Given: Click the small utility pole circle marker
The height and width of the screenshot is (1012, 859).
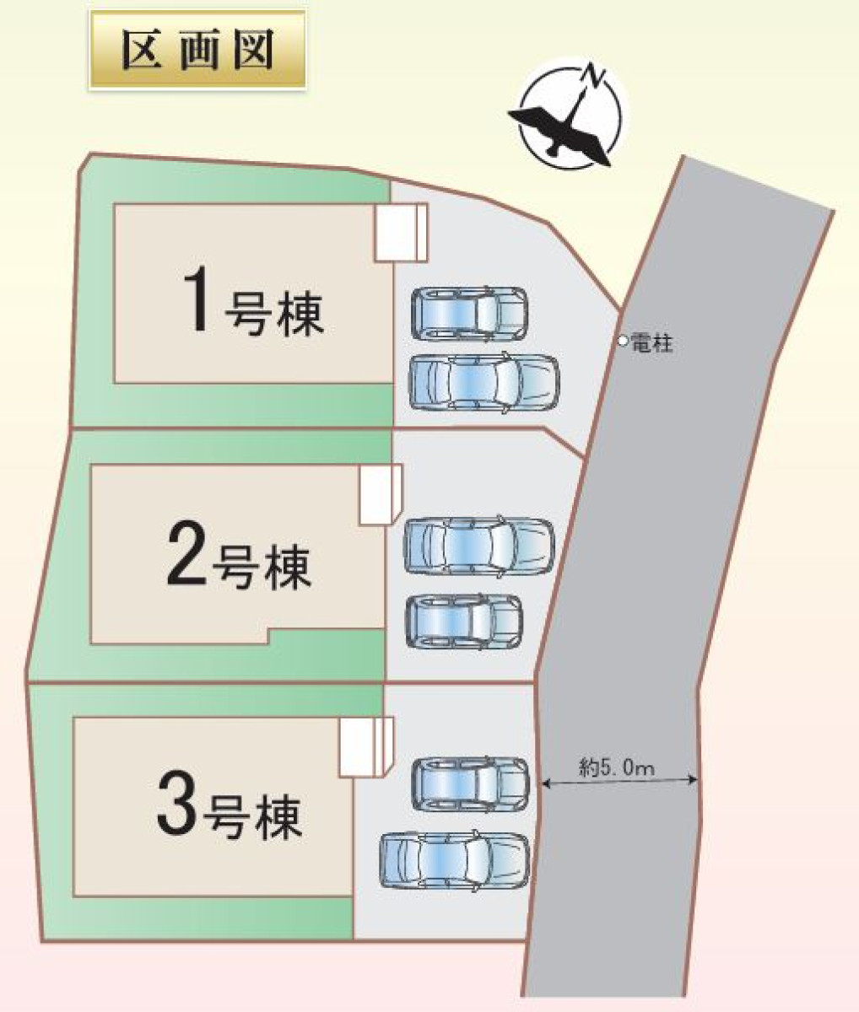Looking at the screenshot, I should (623, 342).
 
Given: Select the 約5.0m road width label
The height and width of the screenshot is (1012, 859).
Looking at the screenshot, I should (618, 767).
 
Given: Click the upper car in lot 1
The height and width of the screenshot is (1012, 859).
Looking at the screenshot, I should (469, 314).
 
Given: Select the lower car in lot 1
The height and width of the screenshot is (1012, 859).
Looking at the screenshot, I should (484, 380).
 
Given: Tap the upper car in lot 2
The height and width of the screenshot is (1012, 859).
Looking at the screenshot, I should (478, 545).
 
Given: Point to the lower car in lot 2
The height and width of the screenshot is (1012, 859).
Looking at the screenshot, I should (464, 621).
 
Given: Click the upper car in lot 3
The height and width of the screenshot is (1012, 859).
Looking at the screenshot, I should (470, 784).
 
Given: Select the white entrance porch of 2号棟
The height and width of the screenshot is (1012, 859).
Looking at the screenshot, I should (380, 495).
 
